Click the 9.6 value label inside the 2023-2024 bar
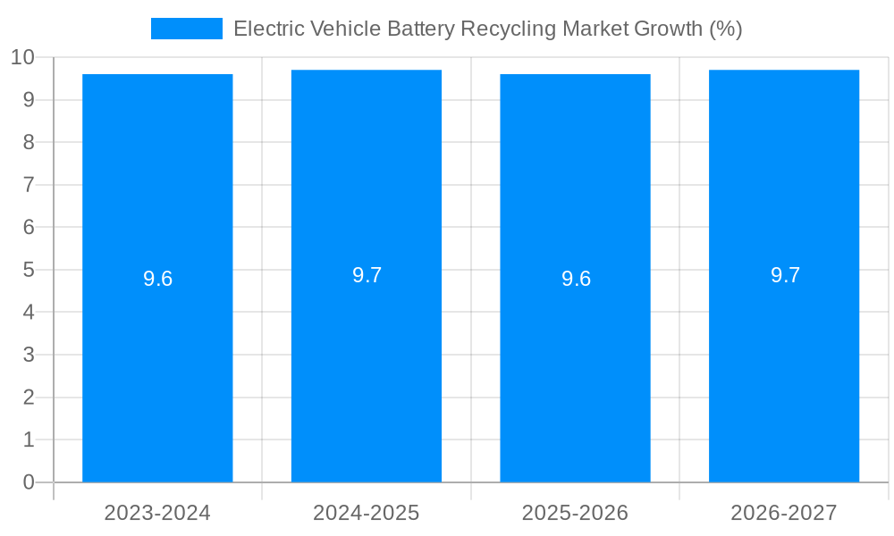point(157,279)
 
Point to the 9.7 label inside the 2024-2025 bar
point(367,275)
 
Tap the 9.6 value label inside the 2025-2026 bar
point(576,279)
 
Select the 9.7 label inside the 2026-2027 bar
point(785,275)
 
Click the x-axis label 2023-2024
point(157,513)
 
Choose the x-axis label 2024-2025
point(367,513)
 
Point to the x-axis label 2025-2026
point(575,513)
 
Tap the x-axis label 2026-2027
point(784,513)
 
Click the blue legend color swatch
point(187,29)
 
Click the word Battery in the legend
point(420,29)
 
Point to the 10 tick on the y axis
point(22,58)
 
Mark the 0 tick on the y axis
point(29,482)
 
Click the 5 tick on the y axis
point(29,270)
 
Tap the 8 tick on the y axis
point(29,143)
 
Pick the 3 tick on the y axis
point(29,355)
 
